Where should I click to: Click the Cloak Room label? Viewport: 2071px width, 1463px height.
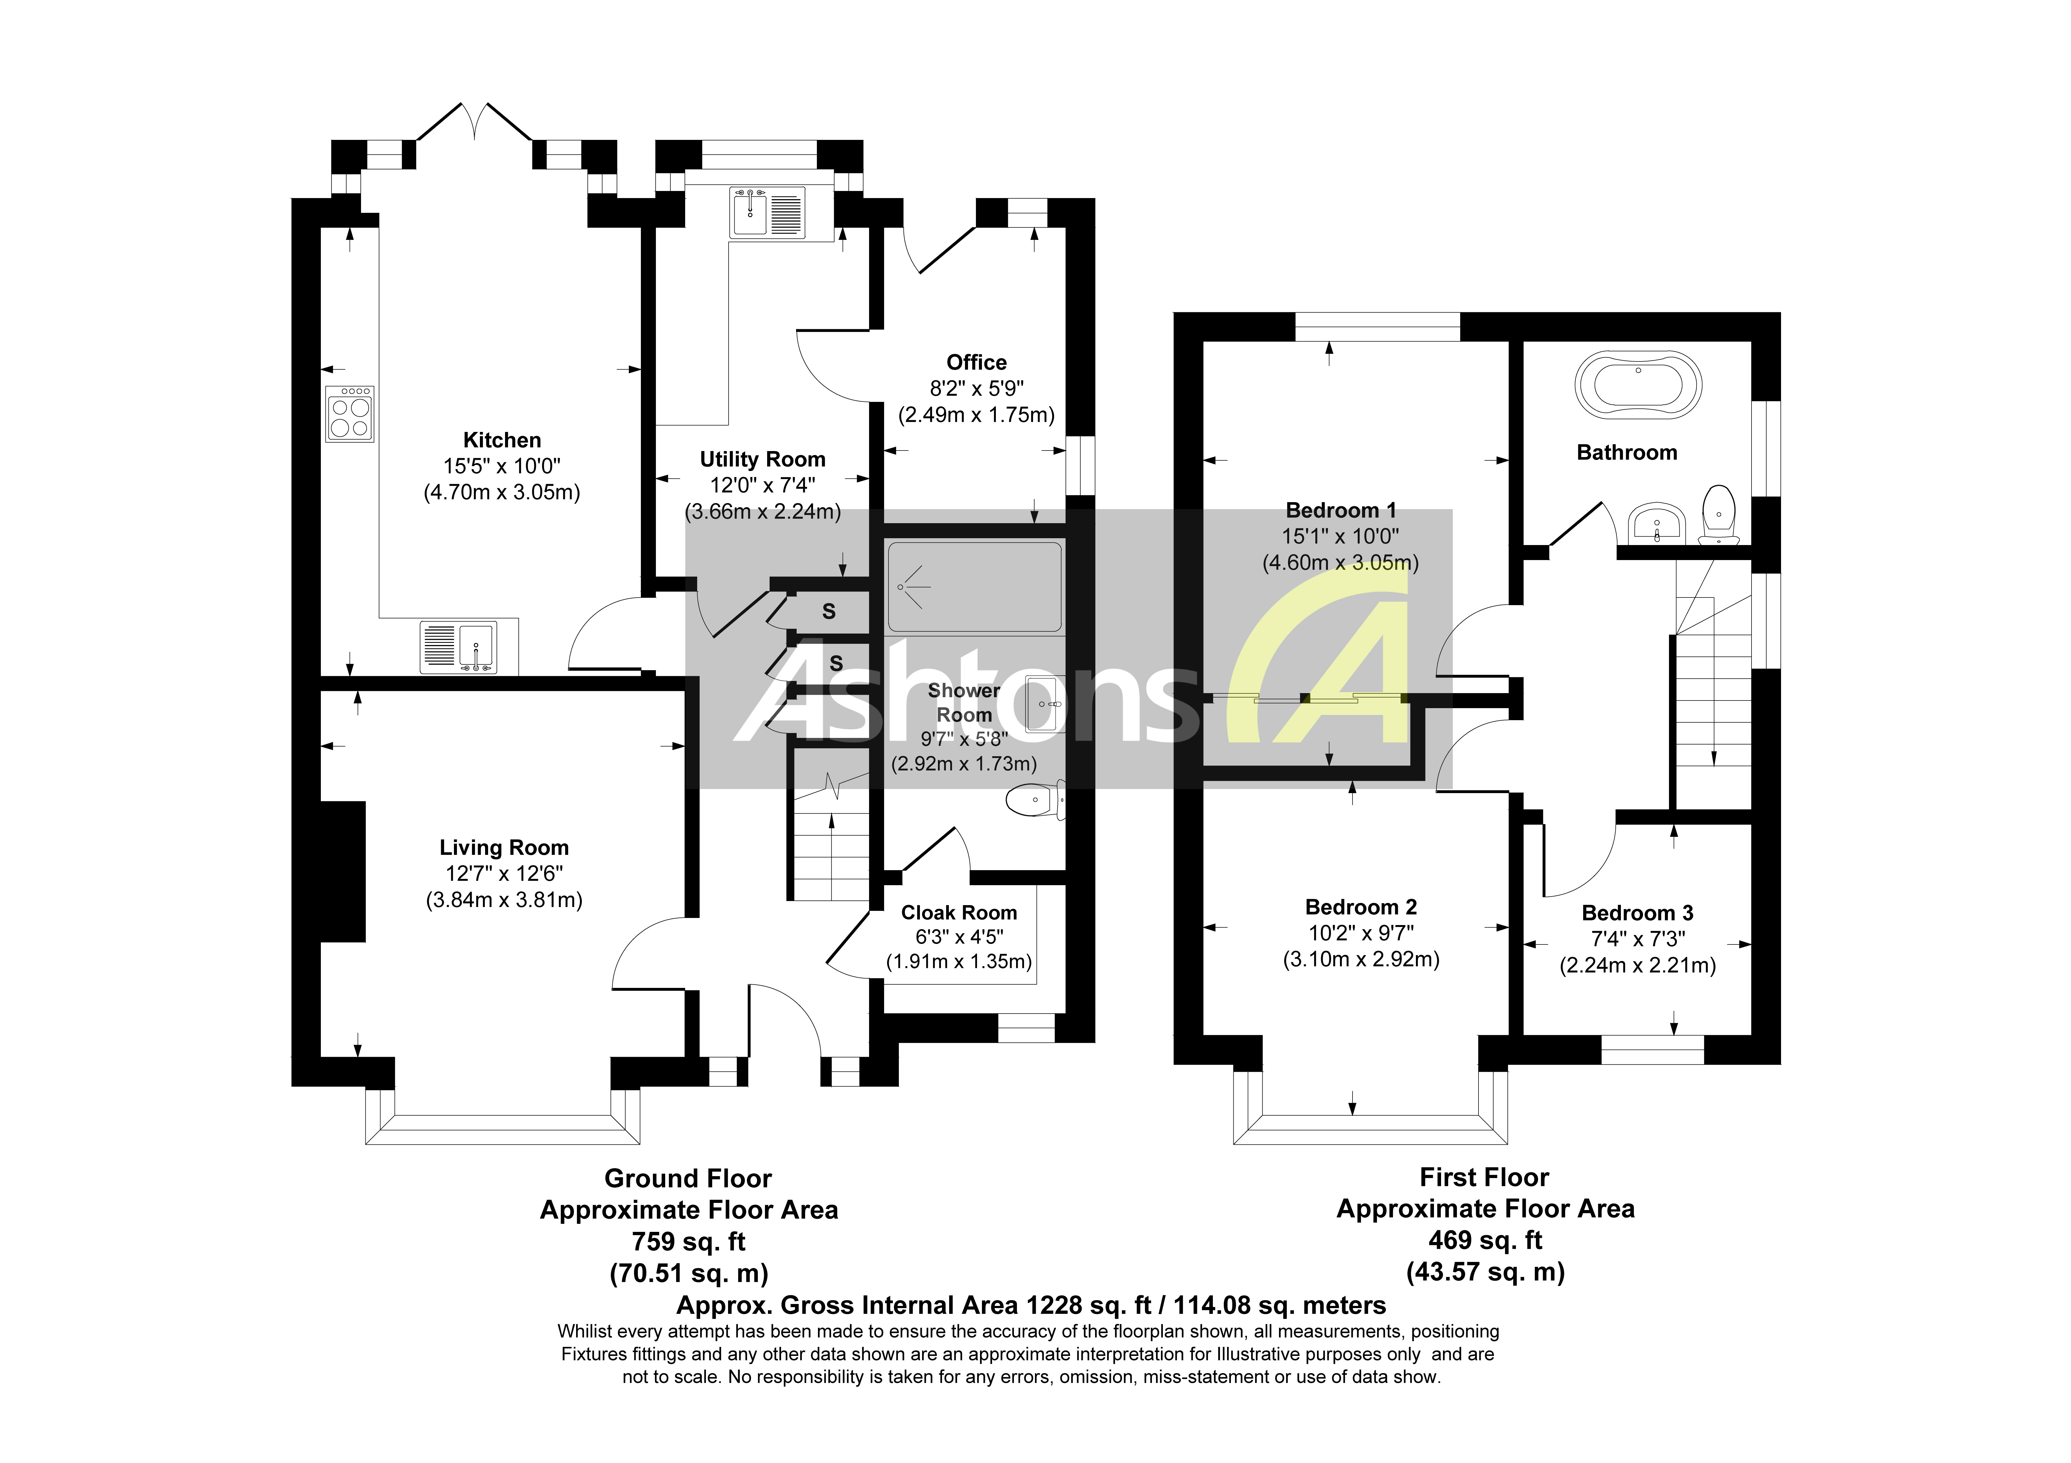point(959,913)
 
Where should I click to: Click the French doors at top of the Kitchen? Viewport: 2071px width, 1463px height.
point(474,126)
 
